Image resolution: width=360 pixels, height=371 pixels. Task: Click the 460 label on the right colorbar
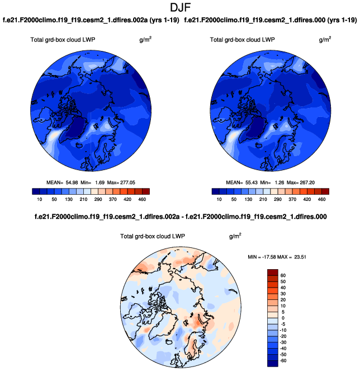321,199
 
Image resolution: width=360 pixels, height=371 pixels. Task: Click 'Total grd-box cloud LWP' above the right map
243,40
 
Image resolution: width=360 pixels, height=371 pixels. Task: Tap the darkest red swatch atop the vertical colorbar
272,272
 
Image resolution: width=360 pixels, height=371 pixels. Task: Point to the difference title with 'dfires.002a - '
179,216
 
